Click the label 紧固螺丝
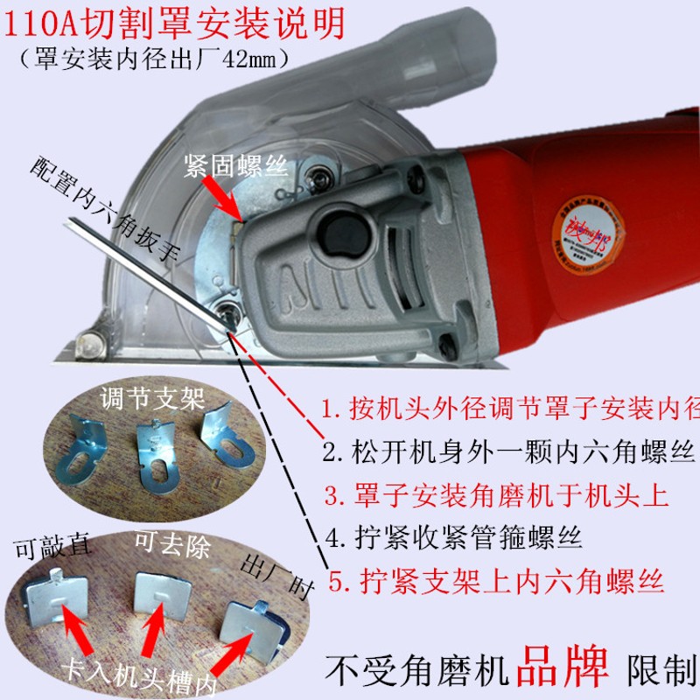pos(235,169)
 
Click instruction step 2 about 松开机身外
pos(507,453)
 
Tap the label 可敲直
pos(53,549)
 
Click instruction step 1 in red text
pos(508,409)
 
